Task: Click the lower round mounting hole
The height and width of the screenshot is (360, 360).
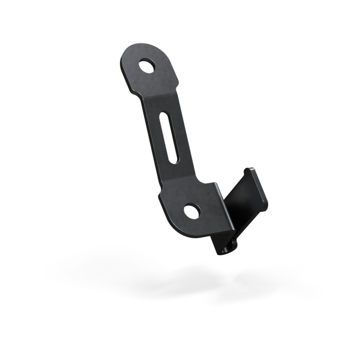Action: click(x=191, y=211)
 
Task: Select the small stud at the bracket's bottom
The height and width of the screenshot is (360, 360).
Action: click(x=224, y=248)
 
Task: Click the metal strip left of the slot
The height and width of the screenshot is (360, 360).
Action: click(x=157, y=141)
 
